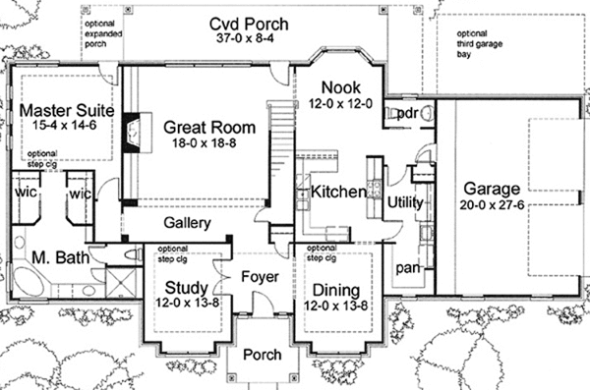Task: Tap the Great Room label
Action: point(209,127)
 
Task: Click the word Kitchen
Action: point(338,193)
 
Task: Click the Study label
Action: point(184,290)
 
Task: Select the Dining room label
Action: point(338,290)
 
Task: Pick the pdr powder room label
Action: point(407,113)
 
